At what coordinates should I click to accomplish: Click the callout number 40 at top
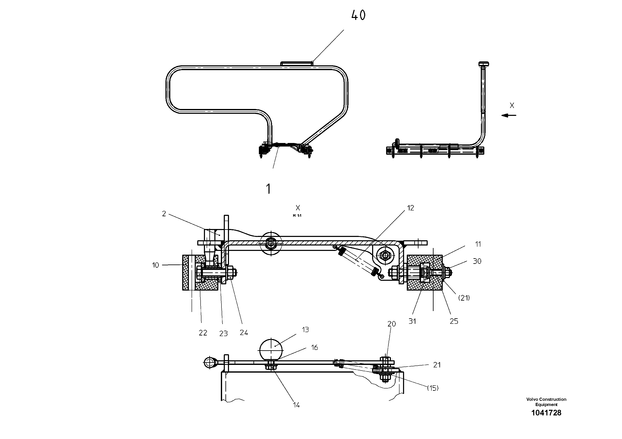[358, 15]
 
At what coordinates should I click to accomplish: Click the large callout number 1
[268, 189]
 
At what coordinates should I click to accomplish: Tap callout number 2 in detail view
[164, 214]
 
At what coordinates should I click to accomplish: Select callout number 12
[410, 208]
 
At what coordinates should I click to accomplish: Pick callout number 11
[478, 244]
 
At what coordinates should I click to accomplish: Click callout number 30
[477, 261]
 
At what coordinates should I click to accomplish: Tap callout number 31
[412, 321]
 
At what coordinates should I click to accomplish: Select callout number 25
[454, 321]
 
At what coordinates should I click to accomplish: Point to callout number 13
[305, 330]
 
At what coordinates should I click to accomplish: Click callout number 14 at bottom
[296, 405]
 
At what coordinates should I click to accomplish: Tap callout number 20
[392, 324]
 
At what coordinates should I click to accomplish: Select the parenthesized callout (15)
[433, 388]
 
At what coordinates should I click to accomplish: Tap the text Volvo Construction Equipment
[546, 402]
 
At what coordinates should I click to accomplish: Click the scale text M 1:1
[297, 216]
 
